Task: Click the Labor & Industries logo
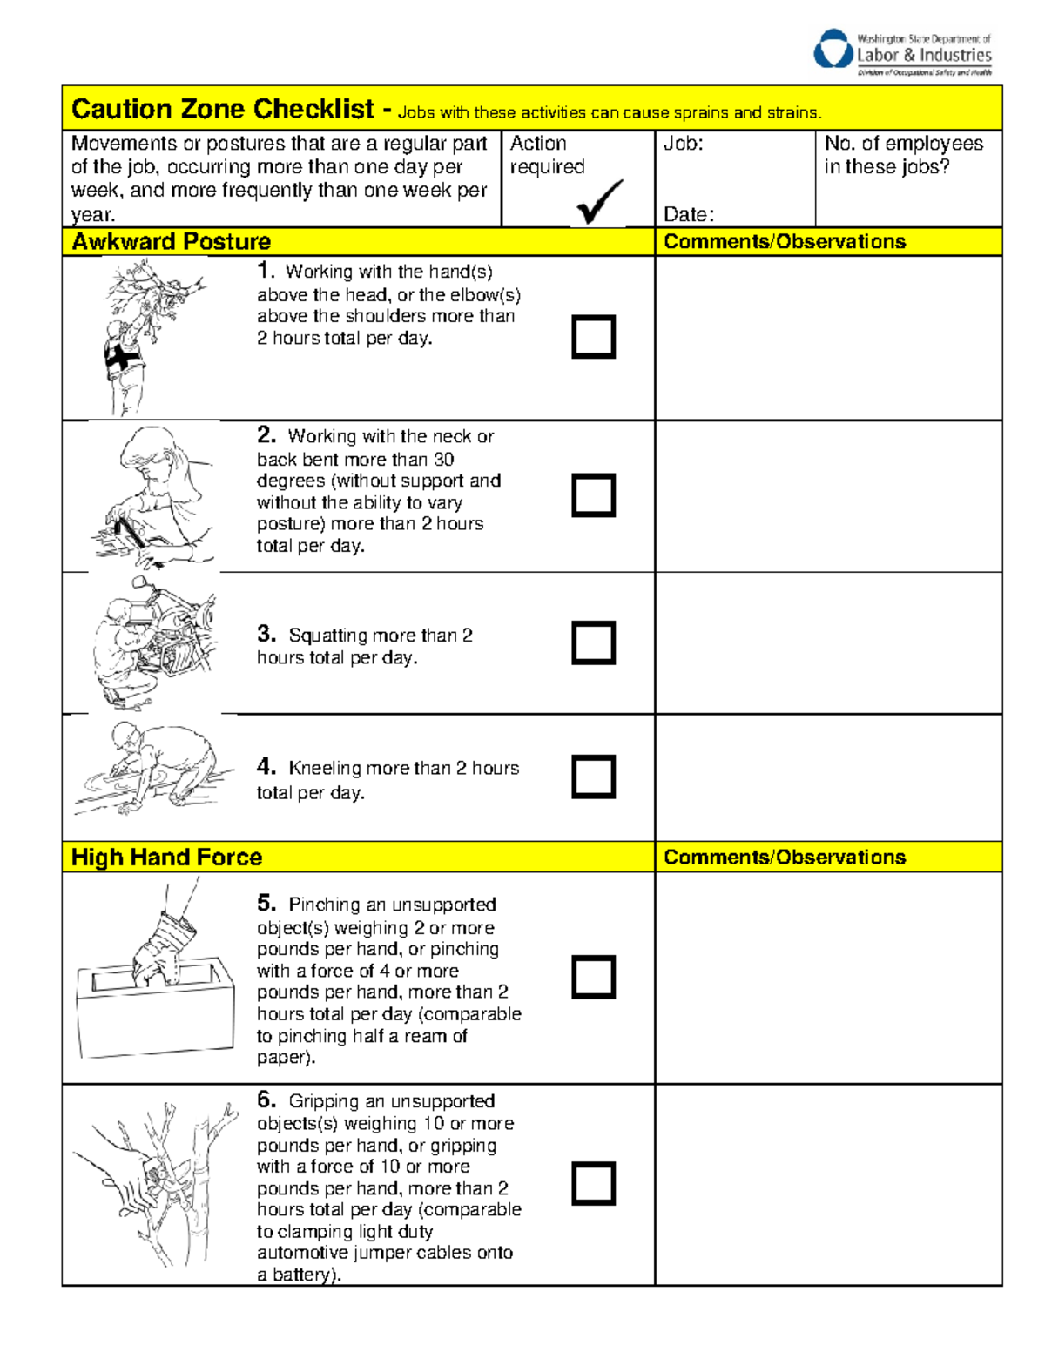pos(902,52)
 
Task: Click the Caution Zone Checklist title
pos(222,109)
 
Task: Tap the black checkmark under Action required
pos(599,201)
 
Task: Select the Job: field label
pos(684,144)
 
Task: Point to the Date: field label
pos(688,214)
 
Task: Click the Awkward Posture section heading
pos(172,242)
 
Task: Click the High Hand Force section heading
pos(166,858)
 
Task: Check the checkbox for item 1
pos(593,337)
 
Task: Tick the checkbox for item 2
pos(593,495)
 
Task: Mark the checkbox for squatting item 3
pos(593,642)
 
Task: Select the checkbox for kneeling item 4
pos(593,777)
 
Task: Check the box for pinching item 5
pos(593,977)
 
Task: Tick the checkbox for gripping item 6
pos(593,1184)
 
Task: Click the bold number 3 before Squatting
pos(266,634)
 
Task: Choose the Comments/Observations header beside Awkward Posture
pos(784,242)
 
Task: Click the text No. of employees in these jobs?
pos(903,155)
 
